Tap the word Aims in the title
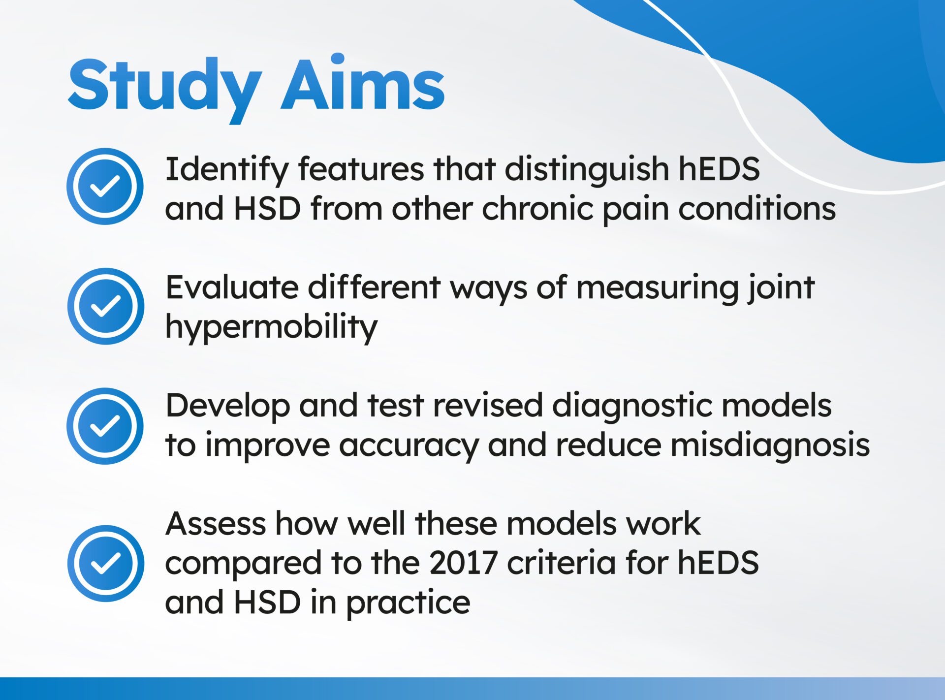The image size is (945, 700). [x=363, y=84]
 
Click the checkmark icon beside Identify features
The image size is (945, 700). [x=105, y=186]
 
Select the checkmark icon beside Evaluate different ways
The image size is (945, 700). [x=105, y=306]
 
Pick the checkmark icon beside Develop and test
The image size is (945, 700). [x=105, y=426]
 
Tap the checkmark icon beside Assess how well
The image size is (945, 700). [x=105, y=563]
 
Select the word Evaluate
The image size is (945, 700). [x=232, y=287]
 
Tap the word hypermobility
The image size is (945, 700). [x=271, y=327]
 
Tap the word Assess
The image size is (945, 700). [x=216, y=524]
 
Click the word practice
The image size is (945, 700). [x=408, y=604]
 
